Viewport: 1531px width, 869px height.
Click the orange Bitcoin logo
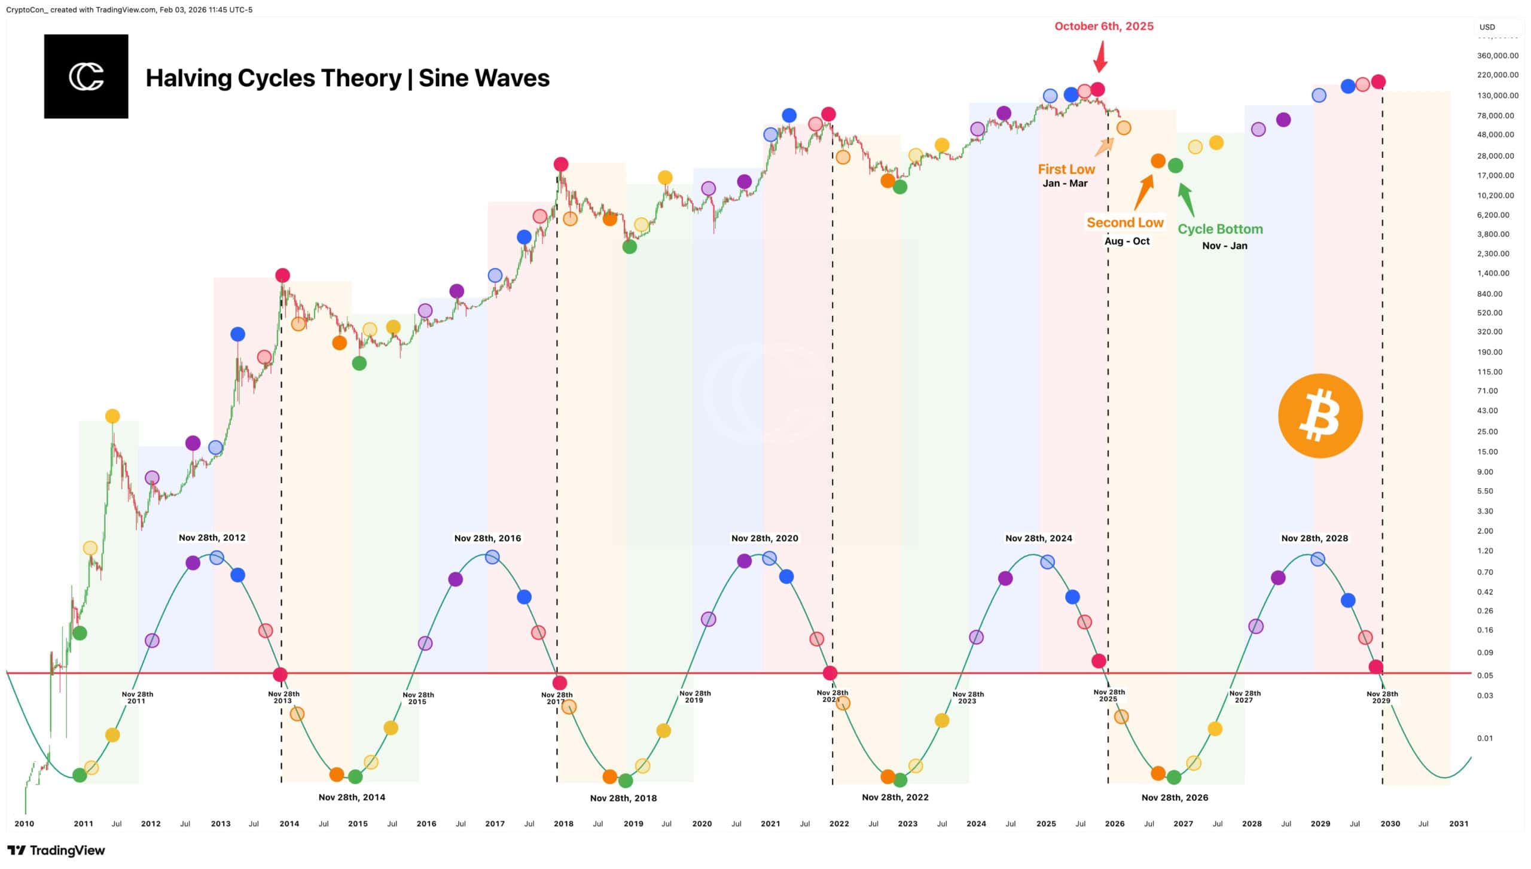[x=1320, y=416]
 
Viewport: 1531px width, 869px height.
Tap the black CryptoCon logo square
[x=86, y=77]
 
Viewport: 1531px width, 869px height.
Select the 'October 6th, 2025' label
[x=1103, y=26]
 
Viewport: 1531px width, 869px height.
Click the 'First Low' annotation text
[x=1066, y=169]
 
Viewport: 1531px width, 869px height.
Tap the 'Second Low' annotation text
[x=1125, y=222]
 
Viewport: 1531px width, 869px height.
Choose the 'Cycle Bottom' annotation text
[x=1220, y=229]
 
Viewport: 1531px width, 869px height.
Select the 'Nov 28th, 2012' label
[x=212, y=538]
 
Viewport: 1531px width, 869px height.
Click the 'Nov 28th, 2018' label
[x=623, y=798]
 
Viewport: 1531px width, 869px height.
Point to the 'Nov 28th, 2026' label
[x=1175, y=797]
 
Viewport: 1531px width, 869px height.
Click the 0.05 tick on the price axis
[x=1485, y=675]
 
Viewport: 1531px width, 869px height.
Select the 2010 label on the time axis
[x=24, y=824]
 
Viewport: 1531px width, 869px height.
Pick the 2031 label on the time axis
[x=1459, y=824]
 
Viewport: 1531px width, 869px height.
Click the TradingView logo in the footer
[x=56, y=850]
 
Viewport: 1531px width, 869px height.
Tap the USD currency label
[x=1487, y=27]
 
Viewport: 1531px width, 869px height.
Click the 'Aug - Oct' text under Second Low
[x=1127, y=241]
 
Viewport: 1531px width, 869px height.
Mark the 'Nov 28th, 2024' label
[x=1039, y=538]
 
